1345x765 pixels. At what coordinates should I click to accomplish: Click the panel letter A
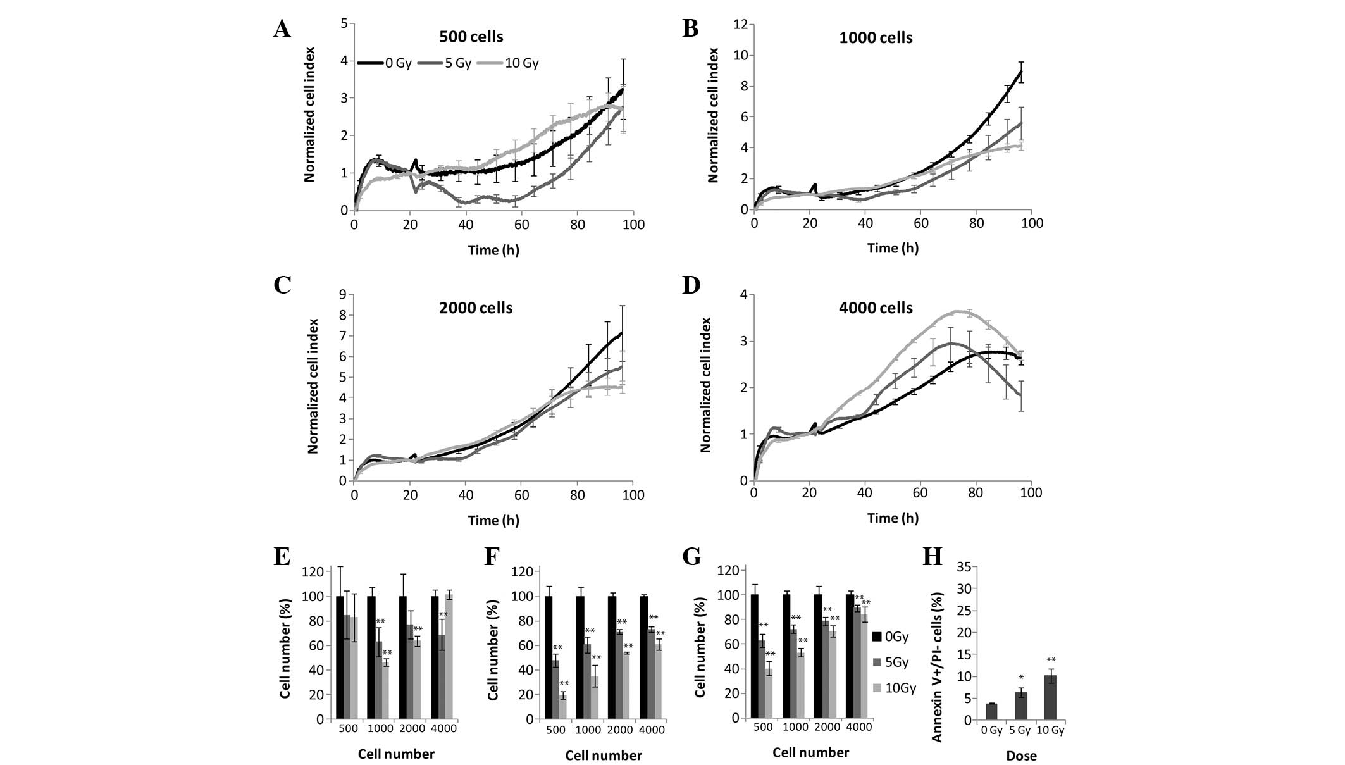tap(282, 28)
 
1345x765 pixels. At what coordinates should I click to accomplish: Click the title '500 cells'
tap(471, 37)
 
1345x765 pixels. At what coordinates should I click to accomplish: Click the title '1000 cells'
tap(876, 38)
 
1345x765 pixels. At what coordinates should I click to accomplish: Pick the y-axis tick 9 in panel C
tap(343, 294)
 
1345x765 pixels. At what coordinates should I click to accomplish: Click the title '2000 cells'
tap(476, 308)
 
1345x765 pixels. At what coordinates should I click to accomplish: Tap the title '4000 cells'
tap(876, 308)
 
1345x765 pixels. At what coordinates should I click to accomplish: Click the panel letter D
tap(691, 286)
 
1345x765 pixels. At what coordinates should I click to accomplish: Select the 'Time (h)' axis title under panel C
tap(493, 520)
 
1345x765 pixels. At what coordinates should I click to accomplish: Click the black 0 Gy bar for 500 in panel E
tap(340, 657)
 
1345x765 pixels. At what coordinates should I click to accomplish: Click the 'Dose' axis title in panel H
tap(1021, 756)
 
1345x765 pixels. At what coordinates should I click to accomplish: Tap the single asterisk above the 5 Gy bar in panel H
tap(1021, 678)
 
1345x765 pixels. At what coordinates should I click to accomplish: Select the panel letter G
tap(692, 557)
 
